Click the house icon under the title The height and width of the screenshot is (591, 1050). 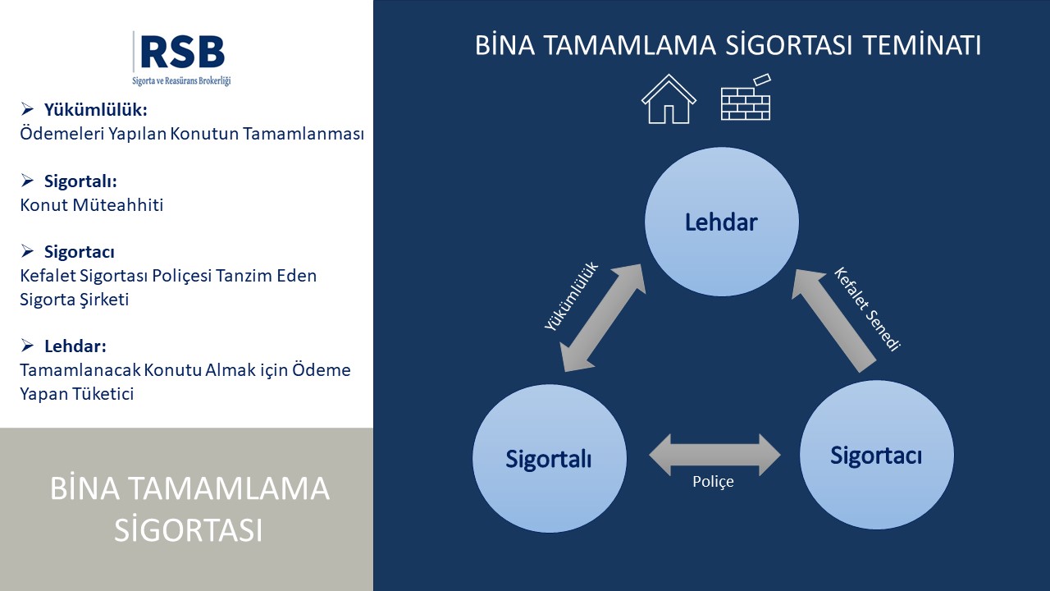point(669,99)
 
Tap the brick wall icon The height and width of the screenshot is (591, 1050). point(746,97)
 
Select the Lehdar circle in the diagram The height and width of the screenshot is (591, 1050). point(721,222)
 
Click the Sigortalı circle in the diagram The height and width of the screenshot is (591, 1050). point(550,458)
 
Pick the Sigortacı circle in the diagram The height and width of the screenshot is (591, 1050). point(876,455)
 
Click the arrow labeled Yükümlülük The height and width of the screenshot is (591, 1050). point(603,318)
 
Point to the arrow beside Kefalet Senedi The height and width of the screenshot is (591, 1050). point(833,320)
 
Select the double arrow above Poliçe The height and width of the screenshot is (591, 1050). point(714,455)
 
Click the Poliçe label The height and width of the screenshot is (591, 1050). point(713,481)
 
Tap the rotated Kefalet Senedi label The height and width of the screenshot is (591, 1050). point(867,309)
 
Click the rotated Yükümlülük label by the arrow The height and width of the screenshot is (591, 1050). point(572,296)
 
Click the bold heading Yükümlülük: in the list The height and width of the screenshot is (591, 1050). point(96,110)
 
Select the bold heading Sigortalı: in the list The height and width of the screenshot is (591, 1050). point(80,181)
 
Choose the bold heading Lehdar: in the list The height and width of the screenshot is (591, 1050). point(75,346)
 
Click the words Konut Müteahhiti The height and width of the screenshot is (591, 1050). point(92,205)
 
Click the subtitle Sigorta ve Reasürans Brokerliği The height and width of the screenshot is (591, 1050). point(181,80)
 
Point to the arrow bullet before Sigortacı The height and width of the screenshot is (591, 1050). point(27,251)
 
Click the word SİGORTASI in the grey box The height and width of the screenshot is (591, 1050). point(188,530)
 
